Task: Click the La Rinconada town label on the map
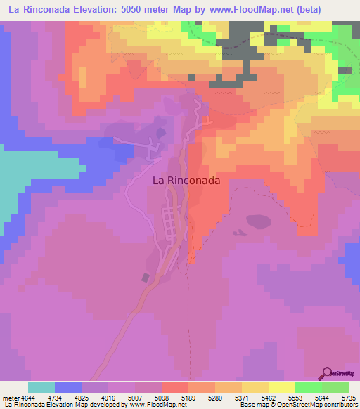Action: [x=186, y=180]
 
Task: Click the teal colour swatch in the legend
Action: [x=41, y=387]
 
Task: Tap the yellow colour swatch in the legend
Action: [x=282, y=387]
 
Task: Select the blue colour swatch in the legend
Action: [x=68, y=387]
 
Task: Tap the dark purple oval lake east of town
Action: [x=258, y=221]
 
